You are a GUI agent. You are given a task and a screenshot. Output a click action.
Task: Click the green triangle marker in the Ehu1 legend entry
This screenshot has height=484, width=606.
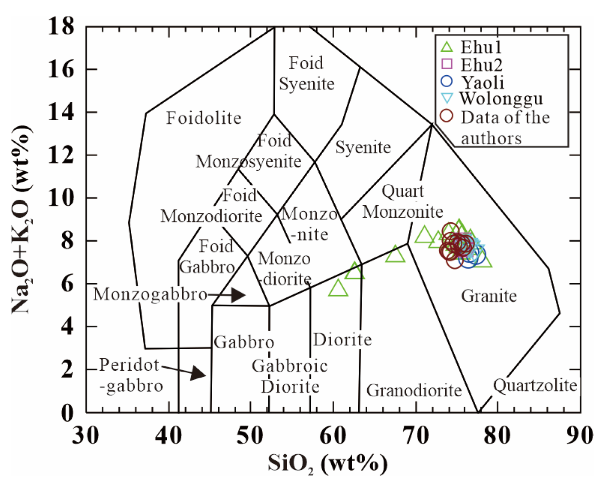[x=446, y=47]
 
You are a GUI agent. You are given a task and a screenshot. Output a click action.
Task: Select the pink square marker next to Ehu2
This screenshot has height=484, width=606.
[x=447, y=64]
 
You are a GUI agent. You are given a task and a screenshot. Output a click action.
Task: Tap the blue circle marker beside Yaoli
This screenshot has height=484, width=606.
[x=446, y=81]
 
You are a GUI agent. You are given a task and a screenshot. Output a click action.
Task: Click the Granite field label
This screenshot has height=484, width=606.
[x=489, y=296]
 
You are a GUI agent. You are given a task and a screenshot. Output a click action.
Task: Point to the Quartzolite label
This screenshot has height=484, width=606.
[x=535, y=385]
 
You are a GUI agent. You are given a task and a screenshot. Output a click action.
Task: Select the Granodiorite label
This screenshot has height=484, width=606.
[x=414, y=391]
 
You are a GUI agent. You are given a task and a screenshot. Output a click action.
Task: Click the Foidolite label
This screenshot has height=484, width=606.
[x=204, y=118]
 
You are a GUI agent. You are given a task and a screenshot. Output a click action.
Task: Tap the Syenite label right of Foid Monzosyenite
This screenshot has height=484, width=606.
[x=363, y=147]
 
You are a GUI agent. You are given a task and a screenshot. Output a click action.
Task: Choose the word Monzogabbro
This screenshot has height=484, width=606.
[x=150, y=294]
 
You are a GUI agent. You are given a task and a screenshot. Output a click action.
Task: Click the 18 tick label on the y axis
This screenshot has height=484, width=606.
[x=61, y=27]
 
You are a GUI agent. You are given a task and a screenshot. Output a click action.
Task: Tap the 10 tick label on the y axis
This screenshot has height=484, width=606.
[x=61, y=198]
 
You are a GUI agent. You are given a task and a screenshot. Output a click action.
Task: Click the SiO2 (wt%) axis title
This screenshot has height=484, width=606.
[x=327, y=464]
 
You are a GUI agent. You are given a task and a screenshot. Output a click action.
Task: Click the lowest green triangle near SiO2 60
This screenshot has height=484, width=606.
[x=338, y=289]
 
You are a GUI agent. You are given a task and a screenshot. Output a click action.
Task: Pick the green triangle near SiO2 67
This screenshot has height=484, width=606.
[x=395, y=255]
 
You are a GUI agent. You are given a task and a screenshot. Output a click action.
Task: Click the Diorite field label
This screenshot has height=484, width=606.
[x=342, y=340]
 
